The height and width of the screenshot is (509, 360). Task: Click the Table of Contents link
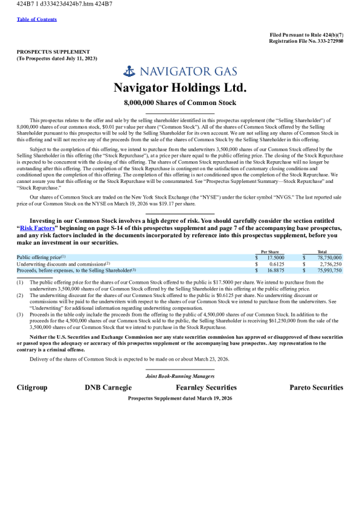[x=37, y=19]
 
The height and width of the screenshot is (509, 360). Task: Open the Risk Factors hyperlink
[x=37, y=228]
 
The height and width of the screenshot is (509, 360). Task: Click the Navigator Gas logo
[x=180, y=71]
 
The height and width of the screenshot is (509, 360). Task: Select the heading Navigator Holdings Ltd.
[x=180, y=88]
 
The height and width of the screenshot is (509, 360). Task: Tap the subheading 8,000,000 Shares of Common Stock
[x=180, y=103]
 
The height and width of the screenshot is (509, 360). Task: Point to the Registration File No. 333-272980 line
[x=306, y=41]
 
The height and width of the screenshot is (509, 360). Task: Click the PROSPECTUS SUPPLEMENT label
[x=53, y=52]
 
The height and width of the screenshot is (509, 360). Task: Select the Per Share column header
[x=269, y=252]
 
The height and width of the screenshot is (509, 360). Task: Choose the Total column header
[x=322, y=252]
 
